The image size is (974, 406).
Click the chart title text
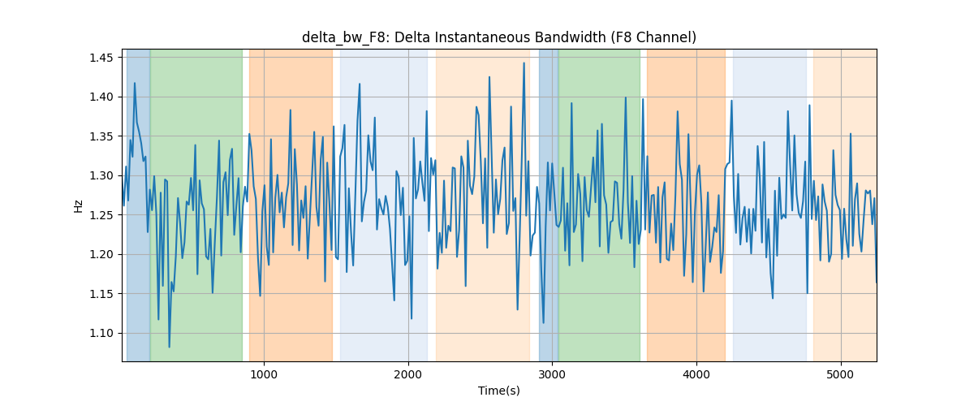498,37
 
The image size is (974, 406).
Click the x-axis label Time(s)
498,391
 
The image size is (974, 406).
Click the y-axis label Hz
78,206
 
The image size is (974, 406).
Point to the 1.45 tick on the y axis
101,58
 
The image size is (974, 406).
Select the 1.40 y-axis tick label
101,97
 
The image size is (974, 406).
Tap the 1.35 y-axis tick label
101,136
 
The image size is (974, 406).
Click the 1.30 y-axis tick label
101,176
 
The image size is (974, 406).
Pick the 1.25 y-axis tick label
101,215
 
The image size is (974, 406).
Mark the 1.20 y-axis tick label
101,255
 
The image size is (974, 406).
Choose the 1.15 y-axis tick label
101,294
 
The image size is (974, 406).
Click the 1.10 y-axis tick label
101,334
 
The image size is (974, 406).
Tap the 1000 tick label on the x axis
264,374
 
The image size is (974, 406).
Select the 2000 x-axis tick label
408,374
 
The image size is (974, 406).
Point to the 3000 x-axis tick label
552,374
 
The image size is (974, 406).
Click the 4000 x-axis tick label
696,374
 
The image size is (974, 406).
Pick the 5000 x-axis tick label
841,374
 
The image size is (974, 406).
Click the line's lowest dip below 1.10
169,347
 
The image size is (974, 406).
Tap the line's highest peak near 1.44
524,63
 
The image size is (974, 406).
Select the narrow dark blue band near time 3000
549,205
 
